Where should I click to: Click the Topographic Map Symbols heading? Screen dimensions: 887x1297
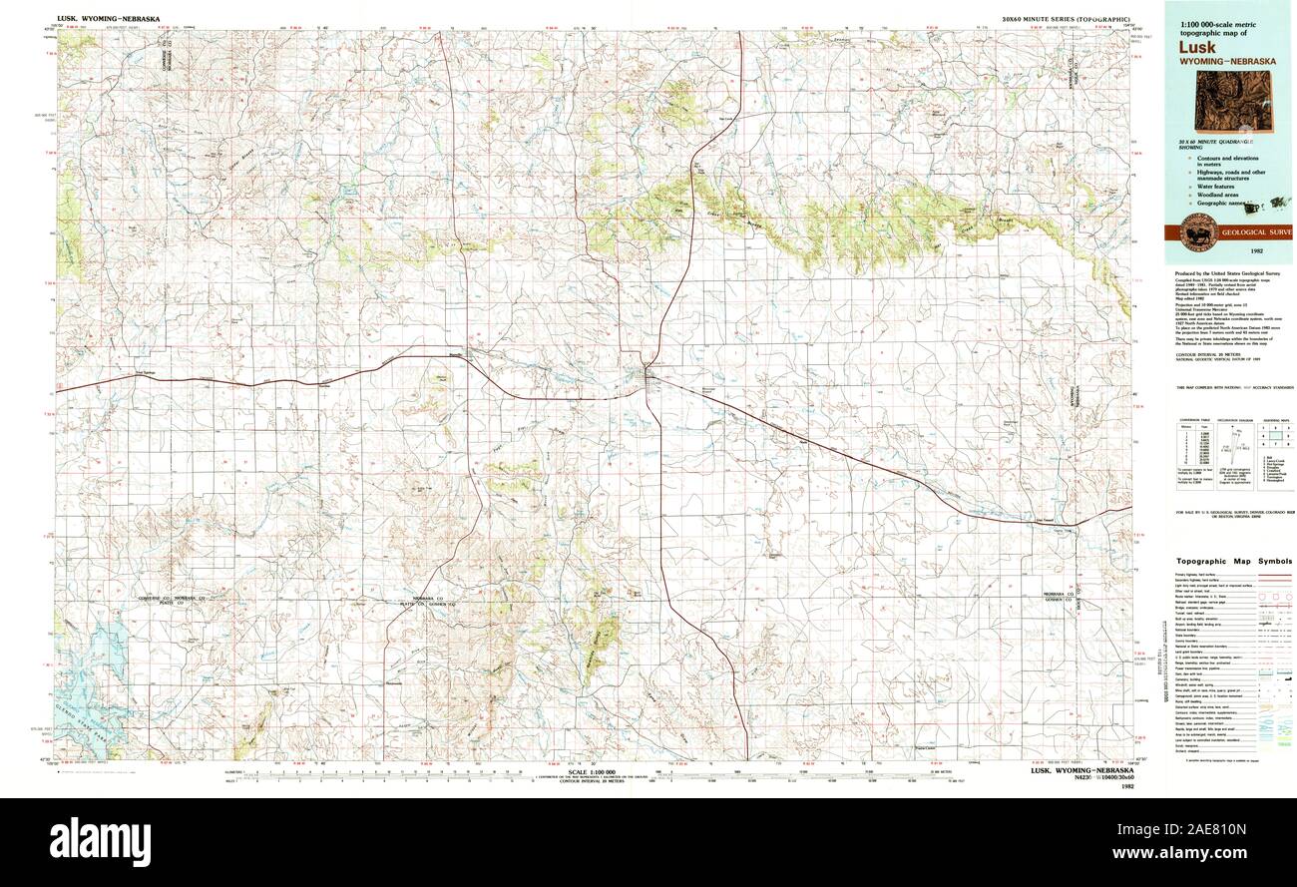pyautogui.click(x=1233, y=562)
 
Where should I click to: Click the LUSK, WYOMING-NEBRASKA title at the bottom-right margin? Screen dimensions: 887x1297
pyautogui.click(x=1081, y=771)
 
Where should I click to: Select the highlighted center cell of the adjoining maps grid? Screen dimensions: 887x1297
pyautogui.click(x=1274, y=435)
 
